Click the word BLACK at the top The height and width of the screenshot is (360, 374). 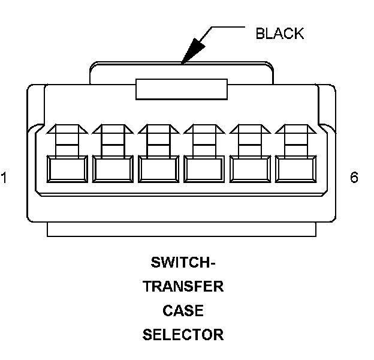coord(279,34)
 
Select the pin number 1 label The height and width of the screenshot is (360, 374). coord(4,178)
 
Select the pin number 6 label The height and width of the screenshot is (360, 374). coord(354,178)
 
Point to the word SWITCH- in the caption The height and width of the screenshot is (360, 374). coord(183,263)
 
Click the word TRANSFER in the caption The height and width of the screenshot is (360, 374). coord(183,287)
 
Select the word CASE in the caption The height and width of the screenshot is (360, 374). coord(183,311)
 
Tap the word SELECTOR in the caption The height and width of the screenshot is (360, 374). coord(183,335)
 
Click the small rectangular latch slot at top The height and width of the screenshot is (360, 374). coord(182,90)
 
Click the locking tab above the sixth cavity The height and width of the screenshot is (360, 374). coord(295,138)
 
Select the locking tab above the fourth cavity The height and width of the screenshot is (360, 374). coord(203,138)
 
